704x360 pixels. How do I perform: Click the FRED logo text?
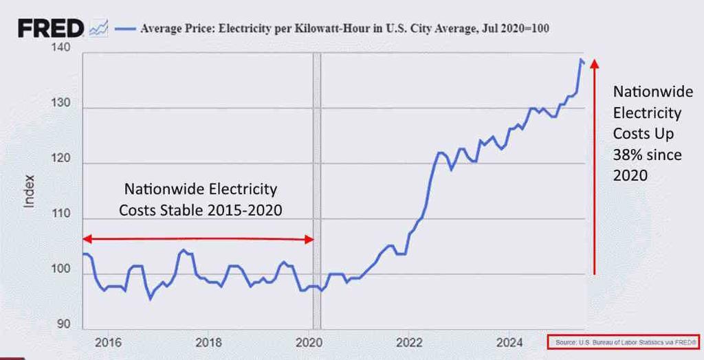(50, 28)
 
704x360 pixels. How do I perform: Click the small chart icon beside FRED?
(98, 28)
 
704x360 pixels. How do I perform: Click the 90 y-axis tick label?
(63, 324)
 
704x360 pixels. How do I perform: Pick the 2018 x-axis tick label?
(208, 341)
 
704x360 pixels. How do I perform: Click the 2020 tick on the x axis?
(309, 341)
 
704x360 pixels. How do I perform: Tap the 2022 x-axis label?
(409, 341)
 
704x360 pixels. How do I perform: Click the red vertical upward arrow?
(595, 165)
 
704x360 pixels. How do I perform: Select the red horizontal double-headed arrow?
(198, 239)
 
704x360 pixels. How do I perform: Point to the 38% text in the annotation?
(626, 155)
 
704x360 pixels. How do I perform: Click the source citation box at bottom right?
(622, 341)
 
